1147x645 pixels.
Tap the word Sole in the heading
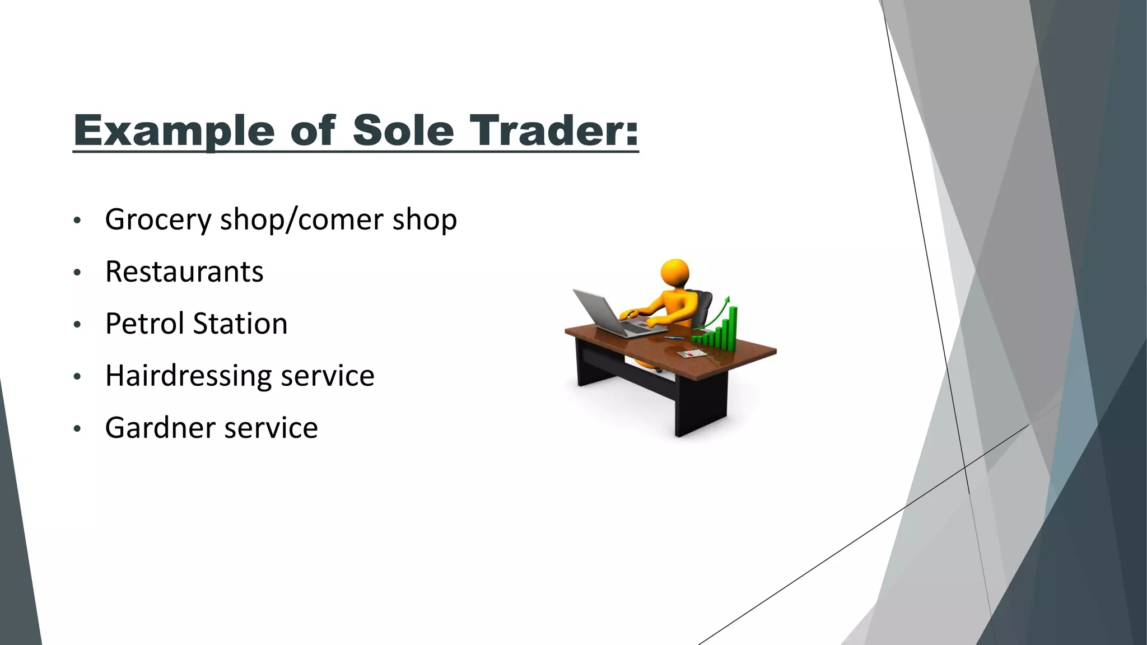(x=403, y=130)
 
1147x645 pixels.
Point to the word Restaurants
(x=184, y=272)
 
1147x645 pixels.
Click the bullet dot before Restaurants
(x=77, y=273)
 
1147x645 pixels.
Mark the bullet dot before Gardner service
(x=77, y=429)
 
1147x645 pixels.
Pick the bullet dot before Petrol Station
(x=77, y=325)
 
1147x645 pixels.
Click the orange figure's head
(x=675, y=273)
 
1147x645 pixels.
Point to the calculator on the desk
(x=691, y=354)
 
